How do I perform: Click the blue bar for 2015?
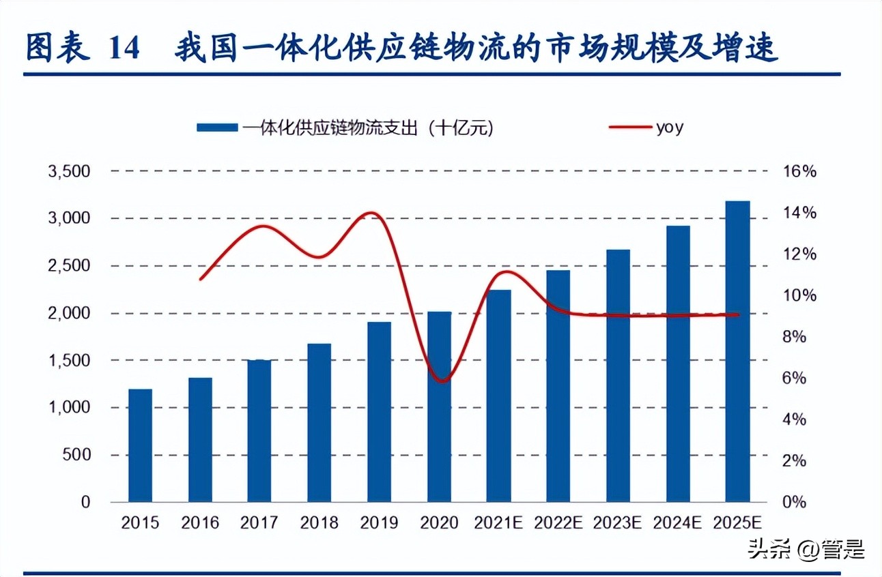pyautogui.click(x=140, y=445)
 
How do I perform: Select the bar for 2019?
pyautogui.click(x=379, y=412)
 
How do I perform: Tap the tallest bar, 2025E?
pyautogui.click(x=737, y=351)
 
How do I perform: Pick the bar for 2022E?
pyautogui.click(x=558, y=386)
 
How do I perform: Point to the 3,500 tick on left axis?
pyautogui.click(x=69, y=172)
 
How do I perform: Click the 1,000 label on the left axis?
pyautogui.click(x=69, y=408)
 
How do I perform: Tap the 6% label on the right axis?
pyautogui.click(x=793, y=379)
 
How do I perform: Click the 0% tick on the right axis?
pyautogui.click(x=793, y=503)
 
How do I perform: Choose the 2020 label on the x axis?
pyautogui.click(x=439, y=523)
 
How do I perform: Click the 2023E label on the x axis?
pyautogui.click(x=618, y=523)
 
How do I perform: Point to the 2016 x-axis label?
pyautogui.click(x=200, y=523)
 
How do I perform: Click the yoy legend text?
pyautogui.click(x=669, y=128)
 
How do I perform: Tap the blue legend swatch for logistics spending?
pyautogui.click(x=217, y=128)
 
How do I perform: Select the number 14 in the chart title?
pyautogui.click(x=124, y=50)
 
